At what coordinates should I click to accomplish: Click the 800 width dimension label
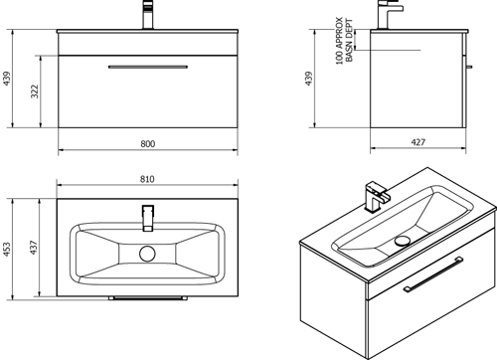click(148, 144)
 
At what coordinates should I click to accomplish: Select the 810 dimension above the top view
click(147, 179)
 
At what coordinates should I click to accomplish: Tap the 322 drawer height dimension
click(35, 91)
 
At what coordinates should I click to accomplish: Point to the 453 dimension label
click(7, 250)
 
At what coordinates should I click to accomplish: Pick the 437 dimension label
click(34, 248)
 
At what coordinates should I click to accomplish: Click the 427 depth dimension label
click(418, 142)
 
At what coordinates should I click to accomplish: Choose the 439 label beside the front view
click(7, 79)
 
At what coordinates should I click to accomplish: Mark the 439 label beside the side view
click(308, 79)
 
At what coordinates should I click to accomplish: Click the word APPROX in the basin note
click(339, 33)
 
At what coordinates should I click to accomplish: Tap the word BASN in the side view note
click(349, 53)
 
